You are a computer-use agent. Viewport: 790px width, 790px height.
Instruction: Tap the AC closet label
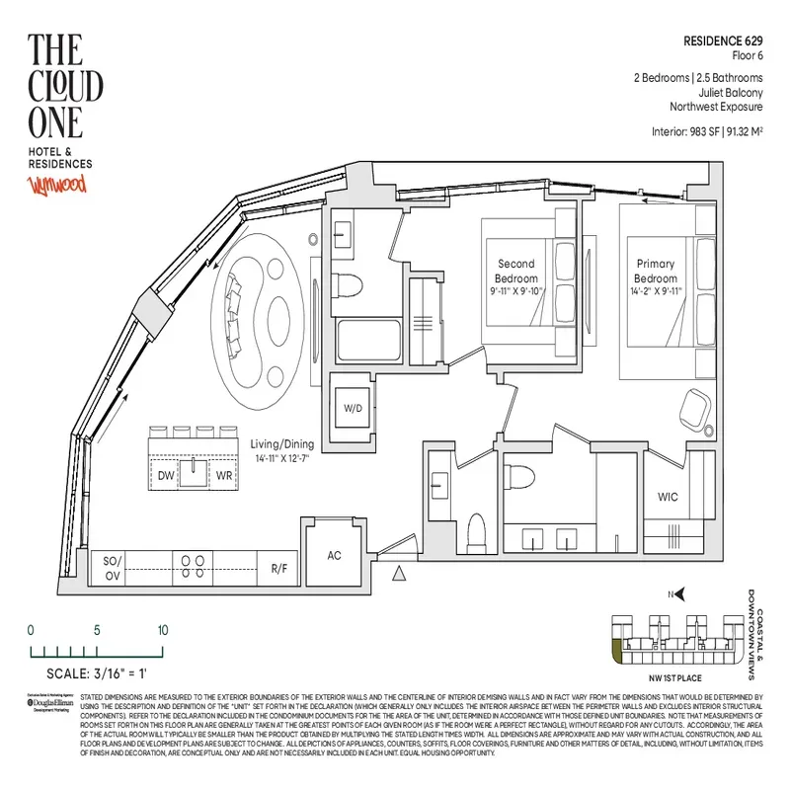(335, 555)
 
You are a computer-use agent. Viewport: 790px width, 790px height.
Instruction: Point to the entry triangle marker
(399, 574)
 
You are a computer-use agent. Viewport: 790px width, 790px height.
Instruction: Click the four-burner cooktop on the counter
(190, 564)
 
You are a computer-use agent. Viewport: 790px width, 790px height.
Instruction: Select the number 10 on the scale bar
(162, 630)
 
